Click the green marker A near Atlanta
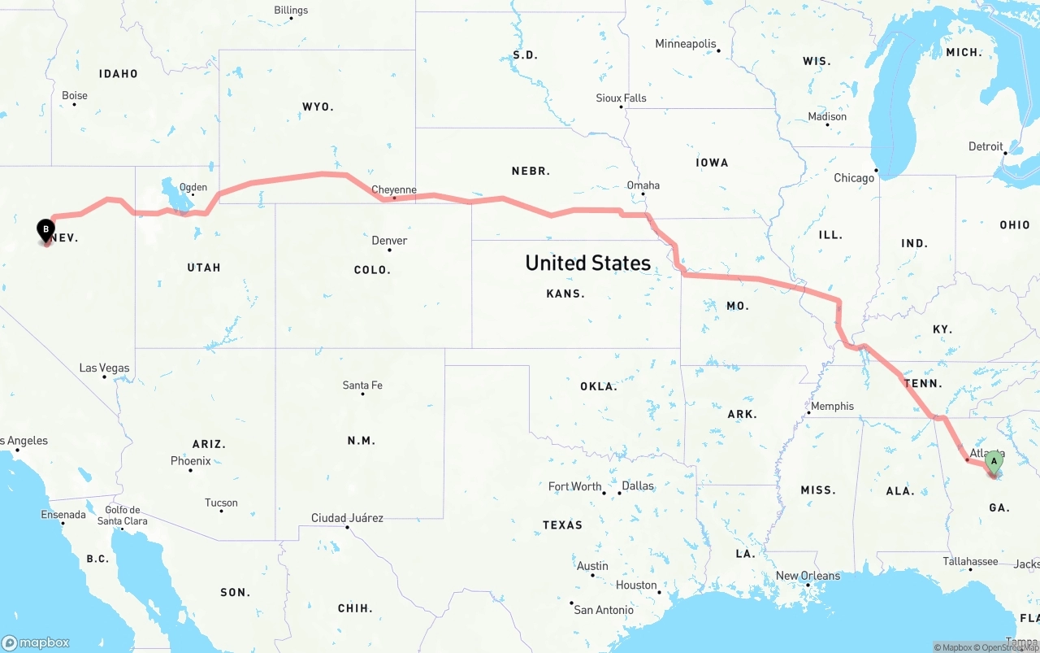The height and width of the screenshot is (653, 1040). (993, 462)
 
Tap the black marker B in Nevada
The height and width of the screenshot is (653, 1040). (46, 230)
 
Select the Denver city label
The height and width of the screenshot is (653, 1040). (389, 241)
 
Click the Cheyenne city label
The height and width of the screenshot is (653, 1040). (394, 190)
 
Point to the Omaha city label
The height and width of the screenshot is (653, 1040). (643, 185)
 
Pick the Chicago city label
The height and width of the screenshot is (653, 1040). (854, 178)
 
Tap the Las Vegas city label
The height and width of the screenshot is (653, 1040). (104, 368)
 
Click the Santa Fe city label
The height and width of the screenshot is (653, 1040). (362, 385)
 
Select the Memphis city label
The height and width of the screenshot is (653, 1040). (832, 407)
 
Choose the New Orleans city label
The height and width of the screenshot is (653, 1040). (808, 576)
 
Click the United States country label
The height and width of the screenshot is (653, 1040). (587, 263)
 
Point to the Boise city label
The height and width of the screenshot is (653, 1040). (75, 96)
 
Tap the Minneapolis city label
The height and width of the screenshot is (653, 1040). (686, 44)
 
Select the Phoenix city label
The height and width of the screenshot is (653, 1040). (191, 461)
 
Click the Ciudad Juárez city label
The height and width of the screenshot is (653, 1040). (347, 518)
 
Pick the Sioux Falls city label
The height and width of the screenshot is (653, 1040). (622, 98)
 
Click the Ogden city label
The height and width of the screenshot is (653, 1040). (193, 187)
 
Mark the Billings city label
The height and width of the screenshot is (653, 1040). (291, 11)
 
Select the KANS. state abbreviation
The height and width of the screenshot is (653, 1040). (565, 294)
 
